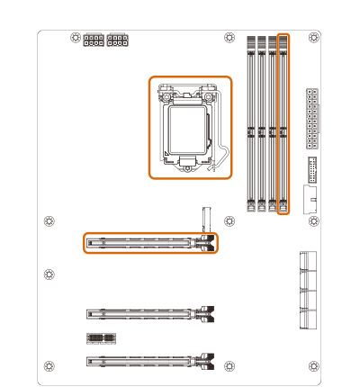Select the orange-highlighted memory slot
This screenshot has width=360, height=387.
pos(283,124)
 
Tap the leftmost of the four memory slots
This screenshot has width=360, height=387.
pos(249,124)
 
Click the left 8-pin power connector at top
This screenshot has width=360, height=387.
pos(94,40)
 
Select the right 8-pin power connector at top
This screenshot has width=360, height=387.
pos(117,40)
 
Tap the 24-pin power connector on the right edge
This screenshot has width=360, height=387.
pos(312,118)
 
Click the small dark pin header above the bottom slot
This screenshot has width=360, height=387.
pos(101,337)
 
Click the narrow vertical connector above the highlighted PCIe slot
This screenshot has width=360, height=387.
pos(205,218)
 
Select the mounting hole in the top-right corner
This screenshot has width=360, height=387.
pos(312,39)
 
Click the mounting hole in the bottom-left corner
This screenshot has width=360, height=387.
pos(49,365)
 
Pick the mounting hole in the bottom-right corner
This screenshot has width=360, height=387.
pos(312,365)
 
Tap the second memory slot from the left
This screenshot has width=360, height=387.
pos(261,124)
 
